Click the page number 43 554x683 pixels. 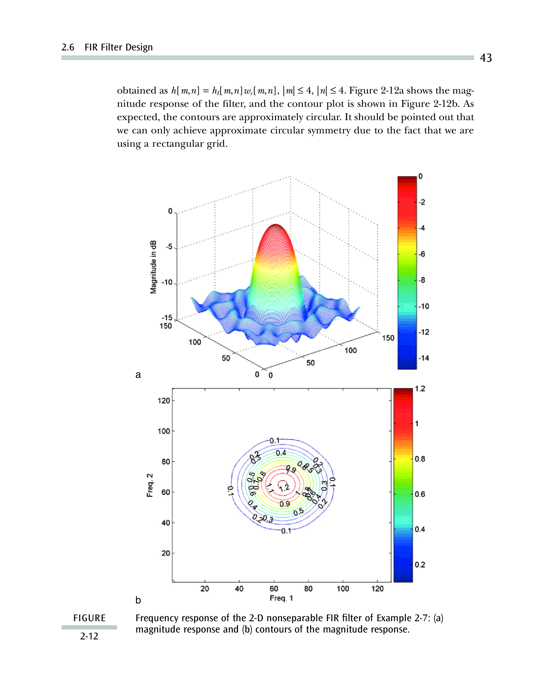tap(486, 58)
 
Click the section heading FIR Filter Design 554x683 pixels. tap(118, 47)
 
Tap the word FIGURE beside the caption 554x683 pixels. tap(89, 618)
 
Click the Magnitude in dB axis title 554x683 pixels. tap(153, 267)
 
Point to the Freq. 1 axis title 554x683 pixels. tap(281, 598)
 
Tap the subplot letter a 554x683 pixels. tap(138, 375)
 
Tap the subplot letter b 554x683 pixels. tap(138, 600)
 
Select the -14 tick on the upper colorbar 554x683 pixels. tap(424, 358)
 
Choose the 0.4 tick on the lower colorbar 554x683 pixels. tap(420, 529)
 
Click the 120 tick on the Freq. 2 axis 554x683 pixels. tap(164, 400)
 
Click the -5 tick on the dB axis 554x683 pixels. tap(169, 247)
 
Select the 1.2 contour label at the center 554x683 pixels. tap(284, 487)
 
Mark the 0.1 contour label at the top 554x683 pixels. tap(275, 441)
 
